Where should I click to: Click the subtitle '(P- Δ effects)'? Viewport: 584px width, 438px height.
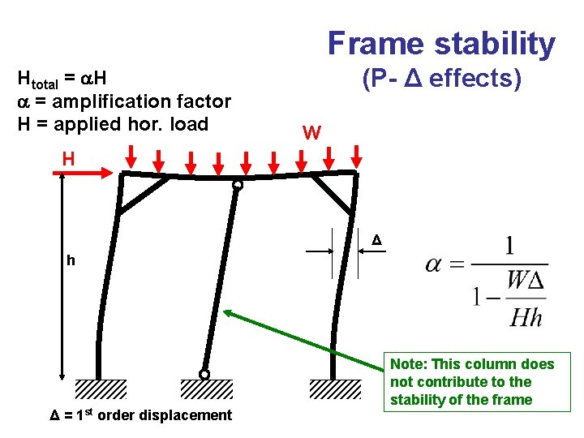441,79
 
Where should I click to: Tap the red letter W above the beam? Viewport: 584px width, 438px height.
311,132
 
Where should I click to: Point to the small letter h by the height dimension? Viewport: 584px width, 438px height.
71,260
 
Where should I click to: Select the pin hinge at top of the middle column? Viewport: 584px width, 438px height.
237,185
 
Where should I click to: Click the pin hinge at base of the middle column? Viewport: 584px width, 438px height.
204,374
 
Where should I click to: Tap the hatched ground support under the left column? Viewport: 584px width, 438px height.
101,389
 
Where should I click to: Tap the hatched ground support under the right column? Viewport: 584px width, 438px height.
335,389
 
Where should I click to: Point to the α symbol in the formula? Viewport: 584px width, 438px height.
434,265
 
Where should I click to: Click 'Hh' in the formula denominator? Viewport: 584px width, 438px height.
526,317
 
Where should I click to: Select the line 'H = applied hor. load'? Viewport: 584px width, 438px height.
113,124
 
